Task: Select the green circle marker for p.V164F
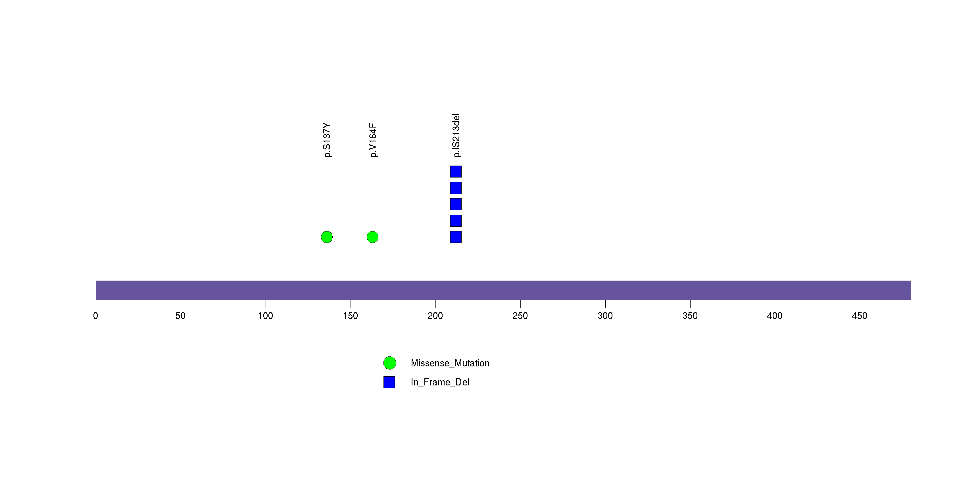click(x=373, y=237)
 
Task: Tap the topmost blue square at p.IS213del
click(x=456, y=172)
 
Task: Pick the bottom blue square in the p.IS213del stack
click(x=456, y=237)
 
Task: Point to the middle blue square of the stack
click(x=456, y=204)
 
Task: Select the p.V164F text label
click(x=373, y=140)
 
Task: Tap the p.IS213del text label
click(x=456, y=135)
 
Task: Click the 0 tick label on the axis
click(x=96, y=316)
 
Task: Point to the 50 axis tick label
click(x=181, y=316)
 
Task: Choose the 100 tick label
click(x=265, y=316)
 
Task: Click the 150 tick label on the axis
click(x=350, y=316)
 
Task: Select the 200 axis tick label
click(x=435, y=316)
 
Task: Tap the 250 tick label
click(x=520, y=316)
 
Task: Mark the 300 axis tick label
click(x=605, y=316)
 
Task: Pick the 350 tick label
click(x=690, y=316)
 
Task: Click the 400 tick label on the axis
click(x=775, y=316)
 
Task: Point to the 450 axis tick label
click(x=860, y=316)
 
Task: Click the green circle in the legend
click(x=389, y=363)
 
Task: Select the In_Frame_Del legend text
click(x=440, y=382)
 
